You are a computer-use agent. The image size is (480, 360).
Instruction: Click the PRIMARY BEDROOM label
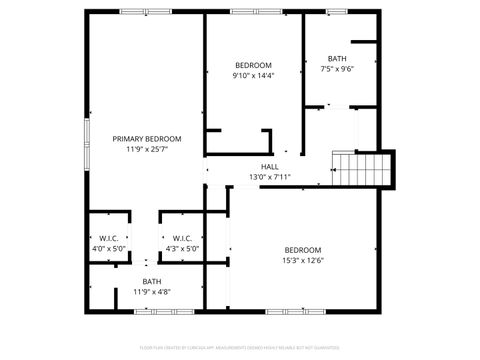[x=146, y=138]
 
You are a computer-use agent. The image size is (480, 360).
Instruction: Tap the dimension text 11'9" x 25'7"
[x=146, y=149]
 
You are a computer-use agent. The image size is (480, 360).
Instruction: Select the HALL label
[x=270, y=166]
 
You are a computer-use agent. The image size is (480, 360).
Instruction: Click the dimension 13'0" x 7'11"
[x=270, y=177]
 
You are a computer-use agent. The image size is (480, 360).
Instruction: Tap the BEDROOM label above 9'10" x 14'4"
[x=253, y=65]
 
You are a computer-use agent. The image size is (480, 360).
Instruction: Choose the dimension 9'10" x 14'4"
[x=253, y=75]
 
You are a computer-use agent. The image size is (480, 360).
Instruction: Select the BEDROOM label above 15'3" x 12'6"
[x=303, y=249]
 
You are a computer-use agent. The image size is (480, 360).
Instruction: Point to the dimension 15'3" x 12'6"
[x=303, y=260]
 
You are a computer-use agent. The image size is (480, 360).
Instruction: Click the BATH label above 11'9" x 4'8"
[x=152, y=281]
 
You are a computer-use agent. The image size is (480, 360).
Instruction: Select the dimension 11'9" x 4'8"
[x=152, y=292]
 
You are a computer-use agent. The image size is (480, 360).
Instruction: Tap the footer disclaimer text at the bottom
[x=240, y=349]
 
